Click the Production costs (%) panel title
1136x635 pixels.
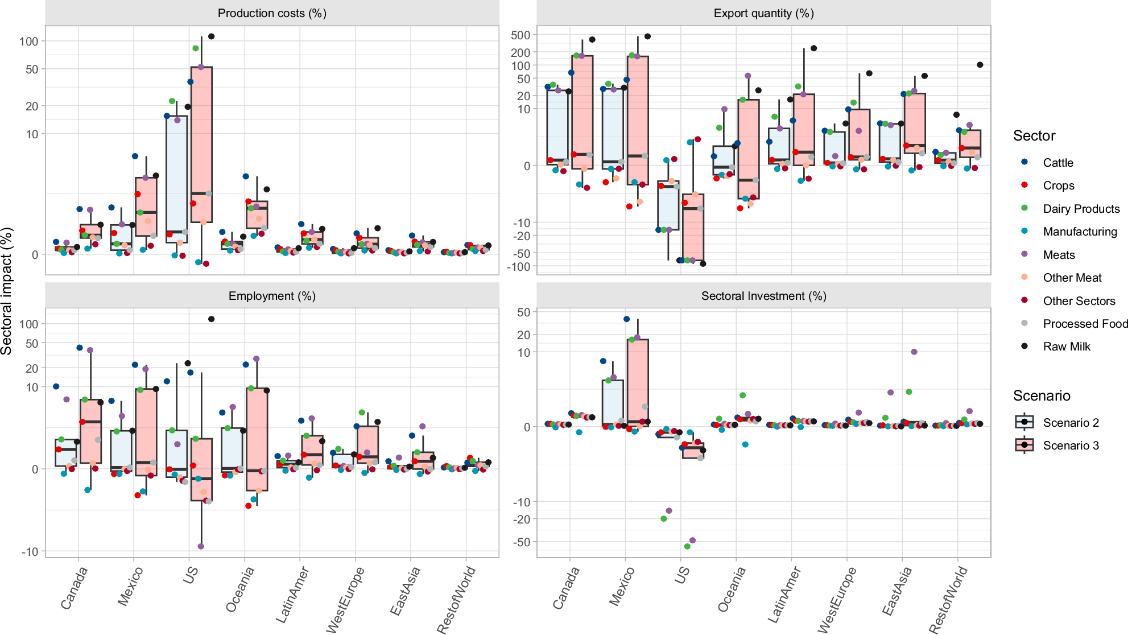click(x=272, y=13)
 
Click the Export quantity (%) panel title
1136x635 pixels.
click(x=763, y=13)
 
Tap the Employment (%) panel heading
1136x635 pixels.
click(x=272, y=296)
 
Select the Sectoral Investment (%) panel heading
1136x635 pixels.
click(x=763, y=296)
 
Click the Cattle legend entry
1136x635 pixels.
click(x=1057, y=163)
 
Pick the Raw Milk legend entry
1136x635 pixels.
click(x=1066, y=347)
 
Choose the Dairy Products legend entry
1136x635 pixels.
click(x=1081, y=209)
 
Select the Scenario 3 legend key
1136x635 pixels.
click(x=1025, y=446)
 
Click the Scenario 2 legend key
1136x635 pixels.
click(x=1025, y=422)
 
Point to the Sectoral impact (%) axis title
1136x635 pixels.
click(x=7, y=291)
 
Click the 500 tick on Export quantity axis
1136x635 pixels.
click(x=521, y=35)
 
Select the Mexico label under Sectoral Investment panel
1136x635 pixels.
click(x=622, y=586)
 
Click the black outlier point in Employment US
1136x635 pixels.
click(x=212, y=319)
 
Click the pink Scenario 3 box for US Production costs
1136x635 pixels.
click(x=201, y=142)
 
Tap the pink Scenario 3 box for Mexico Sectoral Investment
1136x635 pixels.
click(x=638, y=381)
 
